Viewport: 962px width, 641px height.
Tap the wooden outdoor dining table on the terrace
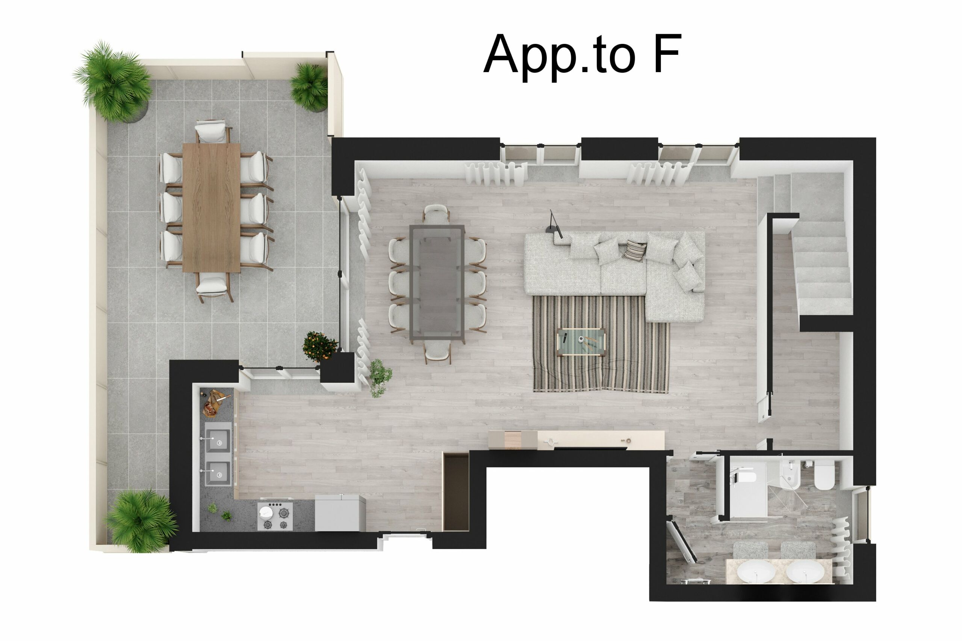click(x=211, y=207)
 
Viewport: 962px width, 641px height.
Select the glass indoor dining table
click(x=437, y=282)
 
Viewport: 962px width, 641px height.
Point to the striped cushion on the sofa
click(x=634, y=250)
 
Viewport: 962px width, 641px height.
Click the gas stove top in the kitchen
click(x=275, y=517)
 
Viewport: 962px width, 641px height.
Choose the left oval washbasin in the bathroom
click(x=756, y=571)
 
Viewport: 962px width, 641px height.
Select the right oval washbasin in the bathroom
click(x=805, y=571)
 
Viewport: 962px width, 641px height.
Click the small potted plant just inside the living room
click(x=380, y=377)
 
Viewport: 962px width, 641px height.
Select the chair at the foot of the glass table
click(x=437, y=351)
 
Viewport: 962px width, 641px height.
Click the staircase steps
click(x=822, y=270)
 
